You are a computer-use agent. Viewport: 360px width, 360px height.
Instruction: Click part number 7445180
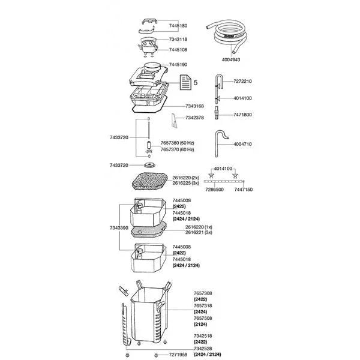178,26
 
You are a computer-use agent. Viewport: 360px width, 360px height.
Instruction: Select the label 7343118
178,39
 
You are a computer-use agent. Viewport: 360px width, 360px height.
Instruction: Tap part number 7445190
178,64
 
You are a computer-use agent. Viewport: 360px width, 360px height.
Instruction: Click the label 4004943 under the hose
229,59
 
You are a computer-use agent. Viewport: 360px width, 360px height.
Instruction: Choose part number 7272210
242,81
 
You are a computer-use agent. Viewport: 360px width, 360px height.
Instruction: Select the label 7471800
242,114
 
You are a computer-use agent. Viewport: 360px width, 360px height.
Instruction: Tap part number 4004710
242,144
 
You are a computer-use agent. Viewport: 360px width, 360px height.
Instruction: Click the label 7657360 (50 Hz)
178,143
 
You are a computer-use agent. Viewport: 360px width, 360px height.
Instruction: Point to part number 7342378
195,118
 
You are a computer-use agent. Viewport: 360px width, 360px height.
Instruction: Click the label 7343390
119,229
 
